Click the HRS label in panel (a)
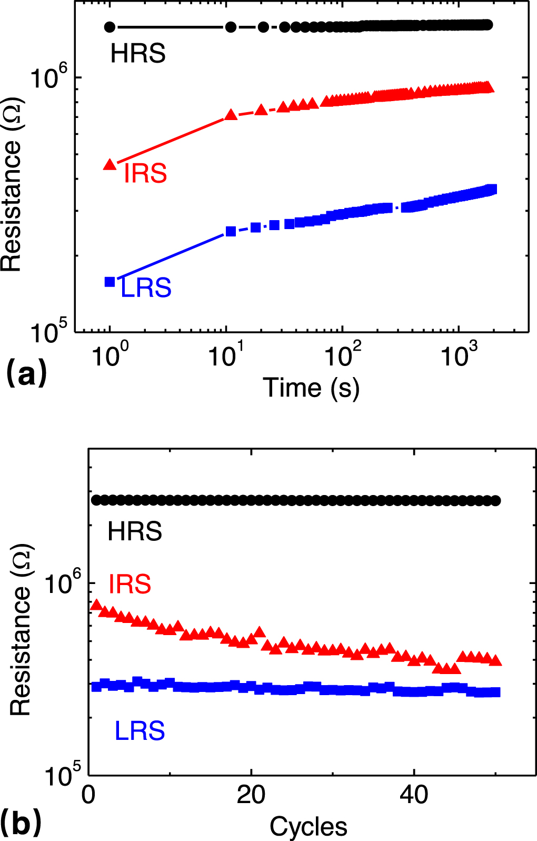138,54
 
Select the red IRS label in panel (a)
145,173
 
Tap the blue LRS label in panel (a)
146,288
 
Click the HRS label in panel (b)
135,532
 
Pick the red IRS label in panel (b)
130,585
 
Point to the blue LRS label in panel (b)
140,731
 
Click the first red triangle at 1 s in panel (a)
110,164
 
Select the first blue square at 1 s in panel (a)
110,282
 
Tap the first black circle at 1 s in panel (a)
110,27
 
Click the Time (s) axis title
311,388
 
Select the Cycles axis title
309,827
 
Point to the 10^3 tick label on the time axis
459,354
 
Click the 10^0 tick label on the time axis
110,354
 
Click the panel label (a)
26,373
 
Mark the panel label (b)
21,823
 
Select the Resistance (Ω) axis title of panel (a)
12,184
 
